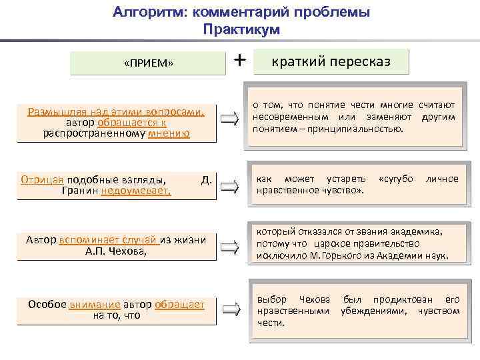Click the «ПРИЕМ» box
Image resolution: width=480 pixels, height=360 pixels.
pyautogui.click(x=149, y=63)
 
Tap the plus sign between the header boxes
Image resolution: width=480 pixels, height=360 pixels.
pyautogui.click(x=240, y=61)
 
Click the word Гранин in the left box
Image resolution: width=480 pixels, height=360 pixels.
pyautogui.click(x=80, y=191)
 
